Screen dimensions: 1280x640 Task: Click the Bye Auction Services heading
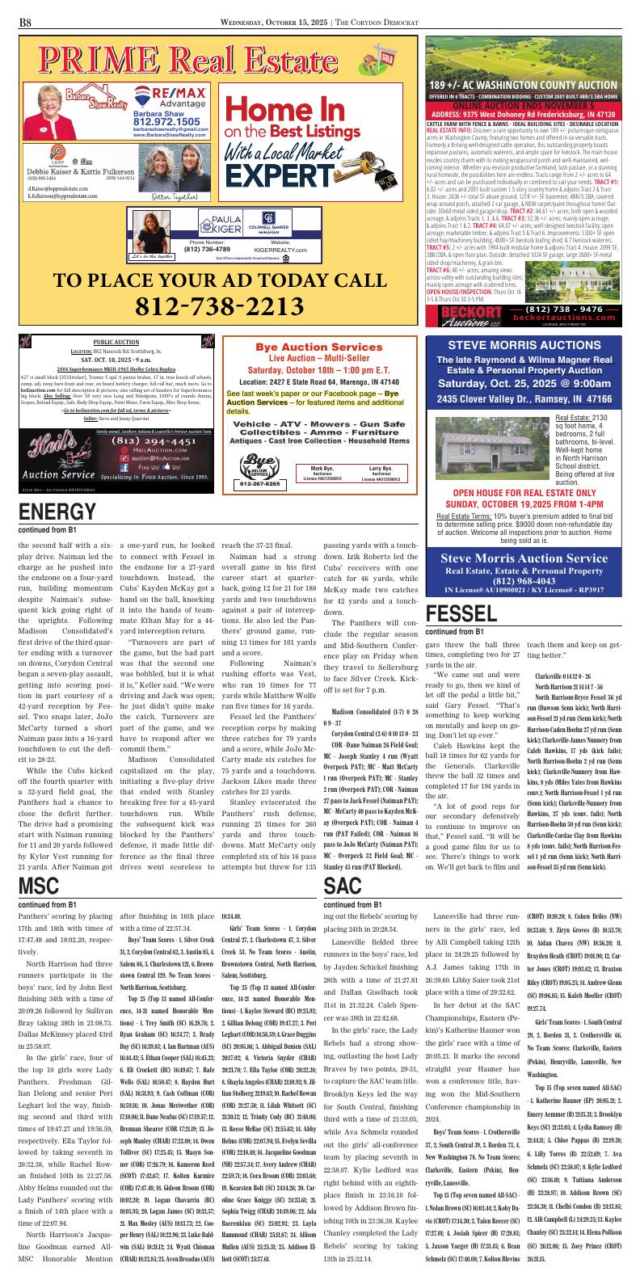tap(296, 346)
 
